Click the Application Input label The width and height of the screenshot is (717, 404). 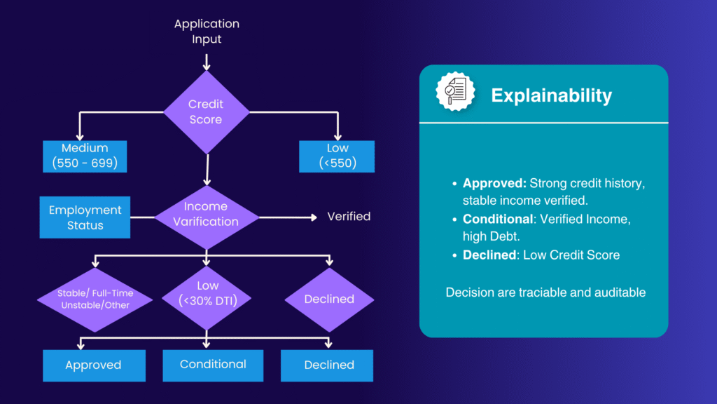(207, 32)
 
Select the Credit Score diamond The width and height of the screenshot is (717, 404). (206, 112)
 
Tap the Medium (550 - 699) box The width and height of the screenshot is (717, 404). (85, 156)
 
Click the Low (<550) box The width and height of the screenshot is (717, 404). (337, 156)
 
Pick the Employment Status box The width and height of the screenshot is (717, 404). (85, 217)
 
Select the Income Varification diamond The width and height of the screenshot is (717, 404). (206, 214)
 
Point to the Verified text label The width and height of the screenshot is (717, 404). (349, 217)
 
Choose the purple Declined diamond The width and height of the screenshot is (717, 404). (329, 299)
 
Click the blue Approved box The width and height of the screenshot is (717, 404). (94, 365)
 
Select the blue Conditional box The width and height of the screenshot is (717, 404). (213, 364)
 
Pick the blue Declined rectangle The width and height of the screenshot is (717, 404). (329, 365)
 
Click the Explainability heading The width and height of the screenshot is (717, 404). (551, 95)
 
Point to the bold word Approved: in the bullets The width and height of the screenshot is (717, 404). (494, 183)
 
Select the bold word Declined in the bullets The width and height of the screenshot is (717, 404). (488, 255)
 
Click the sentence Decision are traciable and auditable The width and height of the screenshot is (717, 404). (545, 291)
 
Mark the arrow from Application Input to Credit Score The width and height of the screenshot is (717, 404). (206, 60)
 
